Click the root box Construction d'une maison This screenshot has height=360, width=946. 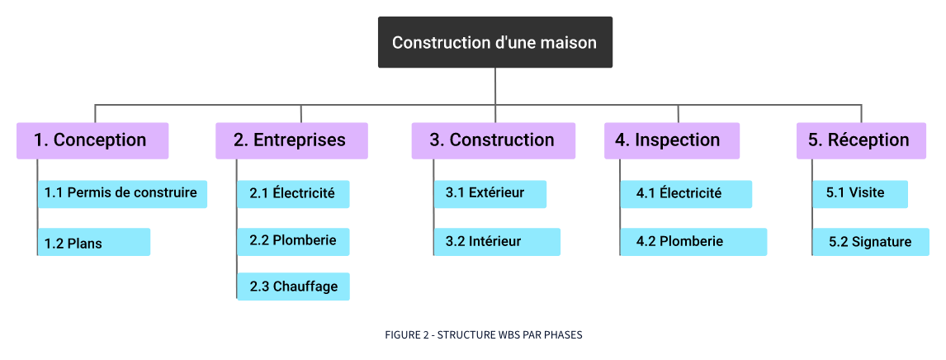[495, 42]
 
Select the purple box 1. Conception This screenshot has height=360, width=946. [92, 140]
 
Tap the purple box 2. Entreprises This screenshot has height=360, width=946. [291, 140]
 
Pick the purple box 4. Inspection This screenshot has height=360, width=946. [671, 140]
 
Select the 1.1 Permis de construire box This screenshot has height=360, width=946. [122, 193]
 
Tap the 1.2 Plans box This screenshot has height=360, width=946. [94, 243]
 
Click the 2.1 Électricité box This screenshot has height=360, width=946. [293, 193]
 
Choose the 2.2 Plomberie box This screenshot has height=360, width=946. [293, 241]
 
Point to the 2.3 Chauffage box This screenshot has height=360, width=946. [293, 287]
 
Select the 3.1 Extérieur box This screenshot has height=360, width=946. [491, 193]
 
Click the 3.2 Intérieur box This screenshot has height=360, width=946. [497, 241]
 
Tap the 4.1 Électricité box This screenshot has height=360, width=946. [686, 193]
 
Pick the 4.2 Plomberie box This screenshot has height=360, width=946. [693, 241]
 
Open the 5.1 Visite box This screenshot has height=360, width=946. [860, 193]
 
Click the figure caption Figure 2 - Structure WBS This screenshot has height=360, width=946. [484, 334]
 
